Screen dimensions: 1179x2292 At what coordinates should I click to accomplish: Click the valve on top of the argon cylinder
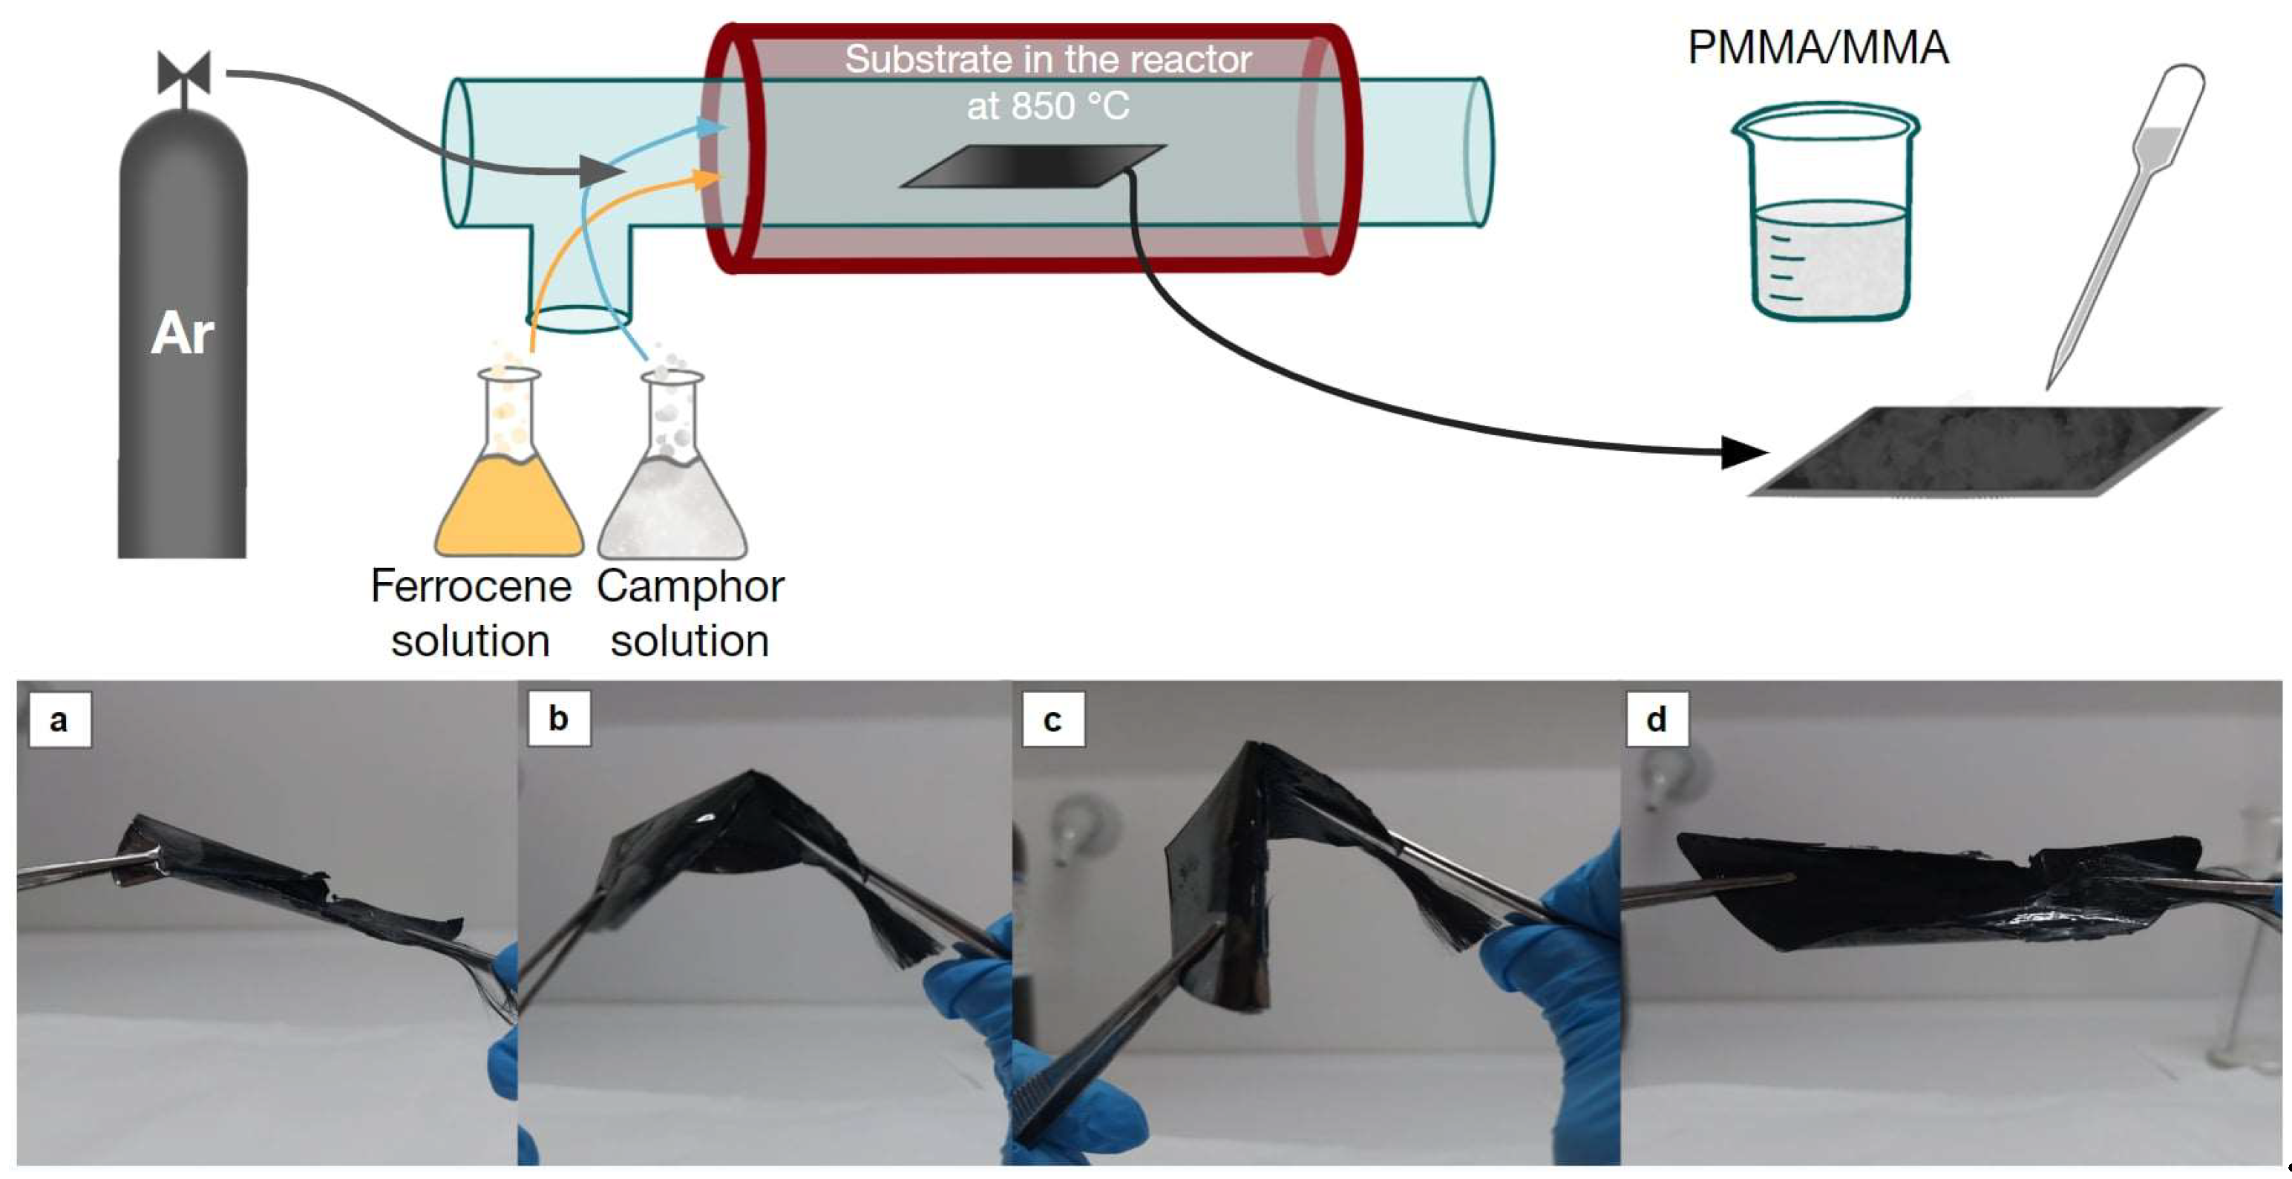[x=183, y=74]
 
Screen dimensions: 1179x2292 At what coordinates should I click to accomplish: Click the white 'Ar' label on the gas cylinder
[x=183, y=333]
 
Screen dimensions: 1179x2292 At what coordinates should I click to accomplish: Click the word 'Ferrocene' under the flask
[x=471, y=587]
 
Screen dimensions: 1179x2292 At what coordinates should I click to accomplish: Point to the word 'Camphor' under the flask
[x=690, y=587]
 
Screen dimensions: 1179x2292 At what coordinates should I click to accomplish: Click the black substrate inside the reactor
[x=1032, y=166]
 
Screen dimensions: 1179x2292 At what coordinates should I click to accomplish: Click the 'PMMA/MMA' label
[x=1818, y=48]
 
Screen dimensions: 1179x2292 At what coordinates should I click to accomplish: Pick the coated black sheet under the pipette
[x=1984, y=451]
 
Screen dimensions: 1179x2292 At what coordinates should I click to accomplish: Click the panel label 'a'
[x=59, y=719]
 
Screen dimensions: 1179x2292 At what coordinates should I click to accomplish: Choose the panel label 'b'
[x=558, y=718]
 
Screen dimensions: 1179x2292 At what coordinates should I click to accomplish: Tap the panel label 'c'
[x=1052, y=719]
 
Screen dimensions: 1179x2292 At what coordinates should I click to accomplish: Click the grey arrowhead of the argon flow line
[x=600, y=171]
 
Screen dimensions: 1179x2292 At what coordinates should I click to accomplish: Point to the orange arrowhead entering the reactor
[x=708, y=180]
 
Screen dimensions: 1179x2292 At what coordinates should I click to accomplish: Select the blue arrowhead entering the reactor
[x=712, y=127]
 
